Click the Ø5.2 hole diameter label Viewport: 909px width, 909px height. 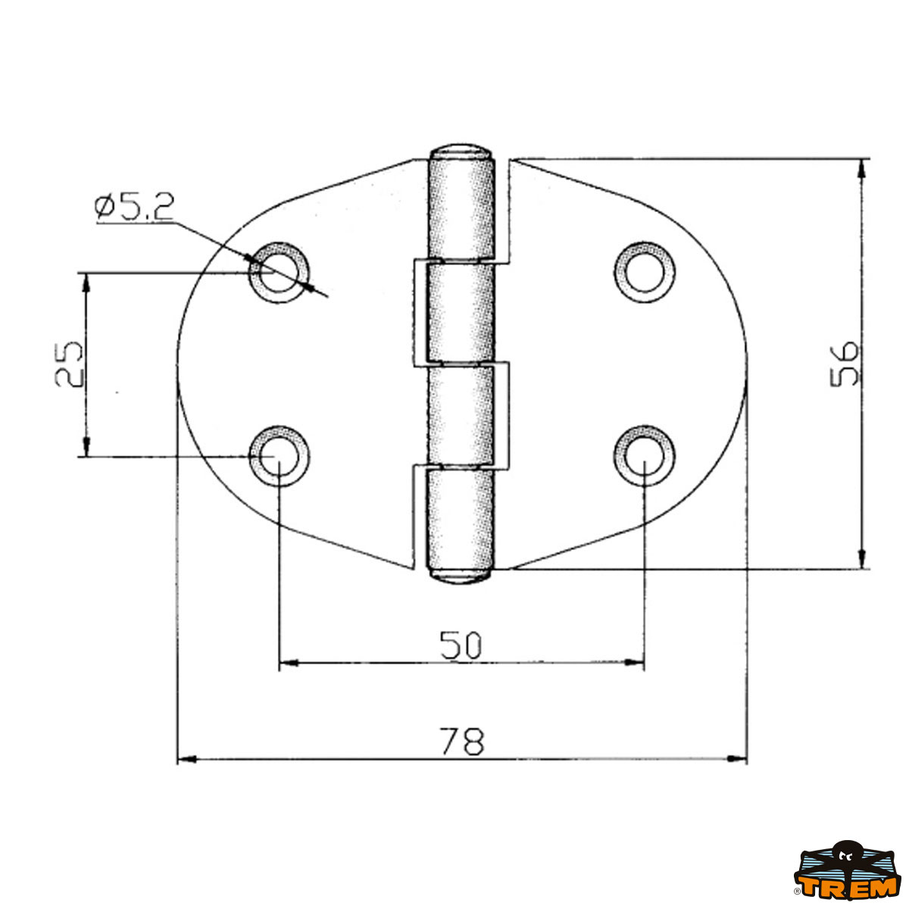tap(134, 207)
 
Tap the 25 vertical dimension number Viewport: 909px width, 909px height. tap(69, 364)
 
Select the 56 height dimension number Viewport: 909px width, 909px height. tap(845, 364)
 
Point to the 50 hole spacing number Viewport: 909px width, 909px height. tap(461, 645)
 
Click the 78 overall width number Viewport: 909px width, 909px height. tap(462, 741)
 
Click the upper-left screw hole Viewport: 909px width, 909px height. tap(279, 272)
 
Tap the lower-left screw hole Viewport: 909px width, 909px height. tap(279, 456)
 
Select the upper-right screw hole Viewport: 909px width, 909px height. tap(645, 272)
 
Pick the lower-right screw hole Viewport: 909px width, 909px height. tap(645, 456)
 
